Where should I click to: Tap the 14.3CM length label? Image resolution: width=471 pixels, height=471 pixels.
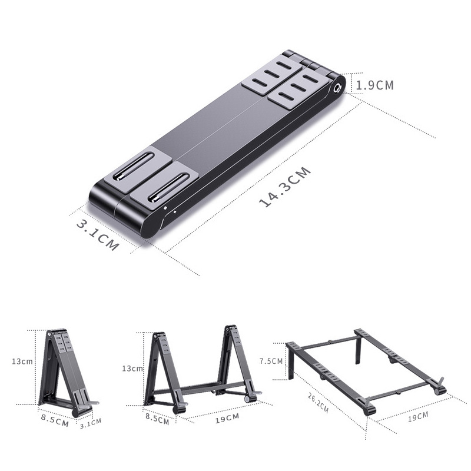pos(285,188)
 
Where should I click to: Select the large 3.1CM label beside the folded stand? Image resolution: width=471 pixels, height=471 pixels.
pos(97,234)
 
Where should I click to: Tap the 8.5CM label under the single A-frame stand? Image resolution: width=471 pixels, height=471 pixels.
pos(54,422)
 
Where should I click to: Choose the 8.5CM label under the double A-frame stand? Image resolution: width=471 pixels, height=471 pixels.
pos(156,421)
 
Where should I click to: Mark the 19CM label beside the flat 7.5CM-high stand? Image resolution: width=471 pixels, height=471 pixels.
pos(417,417)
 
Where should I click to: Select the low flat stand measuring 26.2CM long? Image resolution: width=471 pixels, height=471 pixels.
pos(365,371)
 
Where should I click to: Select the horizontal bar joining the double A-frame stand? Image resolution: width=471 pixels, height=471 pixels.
pos(200,387)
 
